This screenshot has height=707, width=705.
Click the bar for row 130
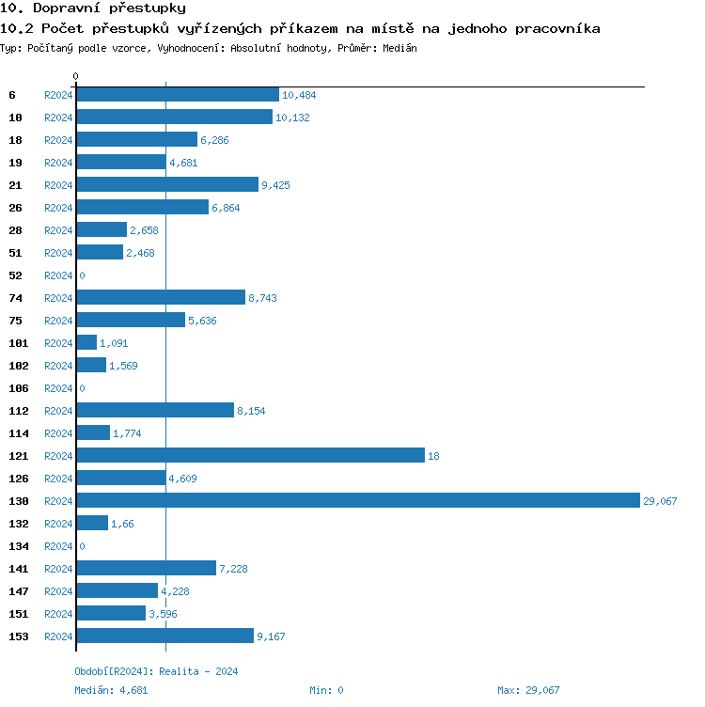coord(357,501)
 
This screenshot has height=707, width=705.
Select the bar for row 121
coord(250,456)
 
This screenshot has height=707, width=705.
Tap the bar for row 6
coord(178,95)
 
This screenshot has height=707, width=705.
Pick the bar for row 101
coord(86,343)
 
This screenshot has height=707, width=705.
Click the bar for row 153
coord(164,636)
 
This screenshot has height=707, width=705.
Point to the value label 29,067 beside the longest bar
coord(660,501)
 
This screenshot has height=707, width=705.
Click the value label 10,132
coord(292,118)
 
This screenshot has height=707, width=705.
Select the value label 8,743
coord(262,298)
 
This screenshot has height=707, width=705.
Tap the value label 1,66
coord(122,524)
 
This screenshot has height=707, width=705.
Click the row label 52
coord(15,275)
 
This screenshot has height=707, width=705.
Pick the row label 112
coord(18,411)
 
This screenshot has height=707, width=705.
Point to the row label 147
coord(18,591)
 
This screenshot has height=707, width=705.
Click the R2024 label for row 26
coord(58,208)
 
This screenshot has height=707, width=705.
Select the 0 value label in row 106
coord(82,388)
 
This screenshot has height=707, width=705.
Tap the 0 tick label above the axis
coord(76,76)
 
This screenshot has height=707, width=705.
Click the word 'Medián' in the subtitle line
coord(399,48)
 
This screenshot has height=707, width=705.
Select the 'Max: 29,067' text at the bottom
coord(528,690)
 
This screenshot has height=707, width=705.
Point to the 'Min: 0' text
coord(326,690)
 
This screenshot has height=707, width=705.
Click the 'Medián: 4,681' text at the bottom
coord(112,690)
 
